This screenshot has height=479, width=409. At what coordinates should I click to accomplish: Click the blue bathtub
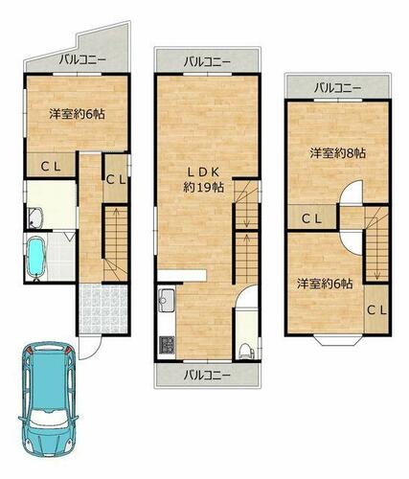click(x=35, y=257)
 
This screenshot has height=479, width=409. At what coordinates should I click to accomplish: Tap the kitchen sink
click(x=167, y=300)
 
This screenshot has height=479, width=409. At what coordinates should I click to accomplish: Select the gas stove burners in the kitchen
click(x=167, y=346)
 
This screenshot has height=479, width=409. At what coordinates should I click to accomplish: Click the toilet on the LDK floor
click(x=246, y=351)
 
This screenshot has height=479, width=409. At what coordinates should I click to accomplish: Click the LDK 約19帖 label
click(x=203, y=180)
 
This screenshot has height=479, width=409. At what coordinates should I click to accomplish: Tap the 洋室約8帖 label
click(x=338, y=153)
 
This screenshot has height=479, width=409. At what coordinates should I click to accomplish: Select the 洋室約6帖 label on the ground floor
click(x=77, y=114)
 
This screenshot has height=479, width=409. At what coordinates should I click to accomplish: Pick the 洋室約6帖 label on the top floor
click(x=325, y=284)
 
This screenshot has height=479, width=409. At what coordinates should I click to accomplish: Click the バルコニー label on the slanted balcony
click(x=82, y=59)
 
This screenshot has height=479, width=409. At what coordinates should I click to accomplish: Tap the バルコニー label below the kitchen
click(x=207, y=375)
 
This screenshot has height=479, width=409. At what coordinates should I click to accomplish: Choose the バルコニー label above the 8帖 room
click(x=337, y=87)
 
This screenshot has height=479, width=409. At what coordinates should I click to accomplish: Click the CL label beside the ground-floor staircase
click(x=116, y=180)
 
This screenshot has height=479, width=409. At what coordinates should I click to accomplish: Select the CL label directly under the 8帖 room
click(x=311, y=218)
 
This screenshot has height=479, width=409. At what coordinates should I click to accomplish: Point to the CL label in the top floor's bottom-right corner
click(x=376, y=309)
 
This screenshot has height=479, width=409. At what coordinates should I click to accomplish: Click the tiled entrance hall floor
click(x=102, y=308)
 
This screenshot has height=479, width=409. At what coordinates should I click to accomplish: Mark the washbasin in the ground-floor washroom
click(x=35, y=218)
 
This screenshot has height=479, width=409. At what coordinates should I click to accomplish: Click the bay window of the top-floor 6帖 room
click(x=338, y=340)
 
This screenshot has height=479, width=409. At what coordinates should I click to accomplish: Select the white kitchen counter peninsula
click(x=182, y=276)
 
